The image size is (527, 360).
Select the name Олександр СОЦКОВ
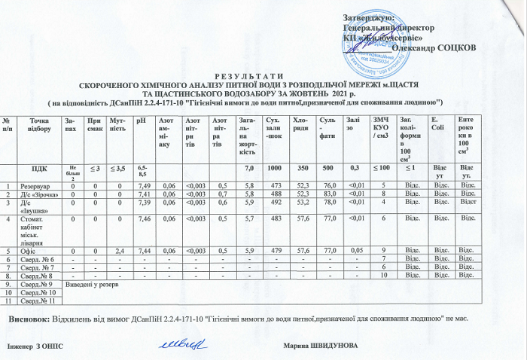pyautogui.click(x=434, y=47)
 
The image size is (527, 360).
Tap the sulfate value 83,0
pyautogui.click(x=327, y=194)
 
